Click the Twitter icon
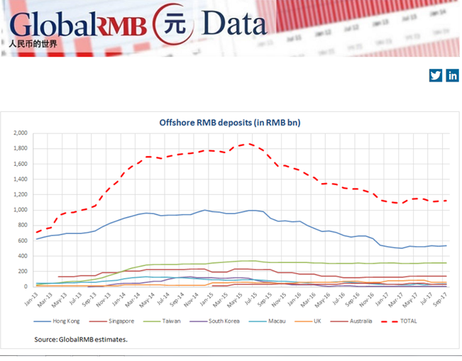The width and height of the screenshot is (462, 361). click(x=436, y=76)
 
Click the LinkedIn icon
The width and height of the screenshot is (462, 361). click(x=452, y=76)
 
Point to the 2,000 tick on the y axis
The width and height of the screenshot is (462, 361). click(x=19, y=133)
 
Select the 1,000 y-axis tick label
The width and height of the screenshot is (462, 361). click(x=19, y=210)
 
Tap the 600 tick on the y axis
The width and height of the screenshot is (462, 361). click(x=21, y=240)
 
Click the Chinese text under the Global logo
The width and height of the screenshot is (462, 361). click(x=34, y=44)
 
